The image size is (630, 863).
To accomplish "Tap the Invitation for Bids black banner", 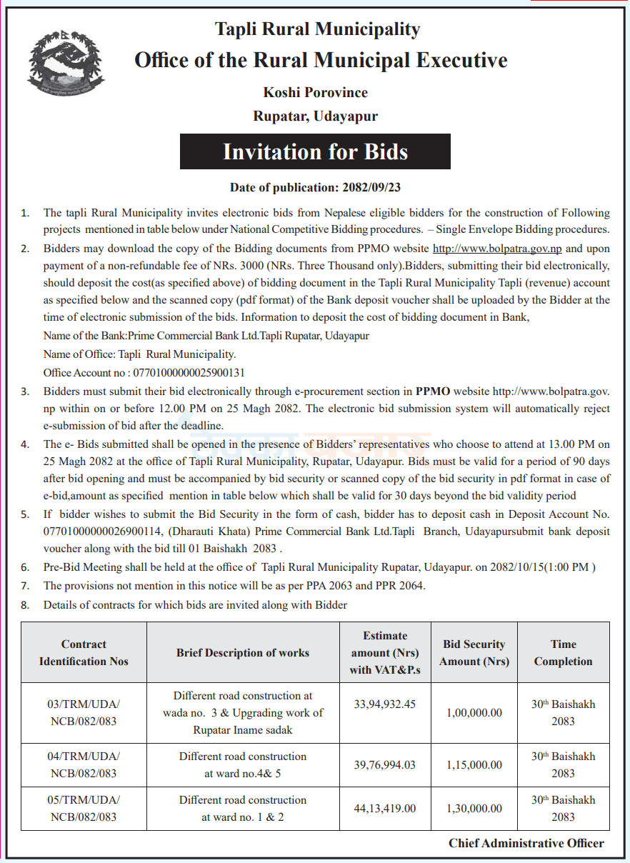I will (x=315, y=151).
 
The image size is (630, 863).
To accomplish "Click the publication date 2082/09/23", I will (x=371, y=188).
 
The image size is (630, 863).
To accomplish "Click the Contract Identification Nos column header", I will (x=84, y=653).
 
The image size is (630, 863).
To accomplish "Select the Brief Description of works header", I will (x=243, y=653).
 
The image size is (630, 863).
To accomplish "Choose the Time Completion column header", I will (x=563, y=653).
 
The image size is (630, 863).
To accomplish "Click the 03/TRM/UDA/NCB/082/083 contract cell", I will (x=84, y=712).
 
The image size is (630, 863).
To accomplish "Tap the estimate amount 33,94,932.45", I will (x=384, y=704).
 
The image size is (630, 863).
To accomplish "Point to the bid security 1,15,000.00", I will (x=474, y=764).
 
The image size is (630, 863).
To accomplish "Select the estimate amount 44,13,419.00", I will (x=384, y=809).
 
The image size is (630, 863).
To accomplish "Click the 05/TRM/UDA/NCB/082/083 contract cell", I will (x=84, y=808).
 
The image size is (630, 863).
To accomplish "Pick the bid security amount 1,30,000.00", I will (x=474, y=809).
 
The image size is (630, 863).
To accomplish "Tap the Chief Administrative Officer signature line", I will (x=526, y=843).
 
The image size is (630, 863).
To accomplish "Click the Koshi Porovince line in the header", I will (x=315, y=93).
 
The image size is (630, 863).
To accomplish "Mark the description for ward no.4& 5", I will (x=243, y=764).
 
